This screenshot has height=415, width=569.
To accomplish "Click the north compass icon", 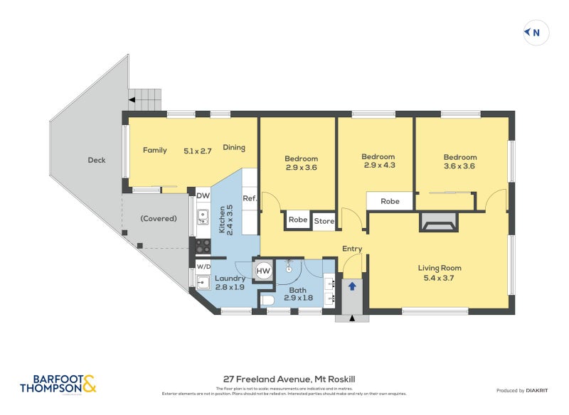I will pos(536,32).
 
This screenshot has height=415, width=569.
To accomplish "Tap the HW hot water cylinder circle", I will pos(263,271).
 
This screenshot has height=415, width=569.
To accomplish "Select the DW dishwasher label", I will pos(203,195).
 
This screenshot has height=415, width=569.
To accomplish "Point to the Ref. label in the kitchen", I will pos(250,198).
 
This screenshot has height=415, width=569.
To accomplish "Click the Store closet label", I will pos(324,220).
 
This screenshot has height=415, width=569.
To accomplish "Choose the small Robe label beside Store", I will pos(298,220).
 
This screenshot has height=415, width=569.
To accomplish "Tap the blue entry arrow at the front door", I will pos(351,286).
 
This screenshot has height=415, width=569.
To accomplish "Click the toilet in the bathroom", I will pos(268,301).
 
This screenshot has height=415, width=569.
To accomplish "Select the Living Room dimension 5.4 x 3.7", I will pos(440,278).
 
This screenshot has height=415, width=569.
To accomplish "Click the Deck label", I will pos(97,160).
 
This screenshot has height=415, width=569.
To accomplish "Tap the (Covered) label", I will pos(159,218).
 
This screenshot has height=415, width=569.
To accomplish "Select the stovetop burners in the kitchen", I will pos(203,247).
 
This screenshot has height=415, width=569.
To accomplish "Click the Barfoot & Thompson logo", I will pos(58,384).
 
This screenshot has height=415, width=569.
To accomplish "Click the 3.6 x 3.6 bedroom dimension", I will pos(459,166).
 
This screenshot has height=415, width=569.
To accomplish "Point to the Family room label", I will pos(154,150).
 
